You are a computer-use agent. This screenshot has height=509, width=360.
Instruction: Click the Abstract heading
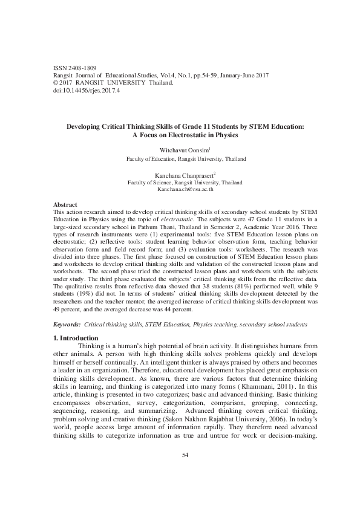point(65,205)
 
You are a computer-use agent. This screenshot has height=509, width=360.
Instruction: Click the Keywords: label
point(67,325)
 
